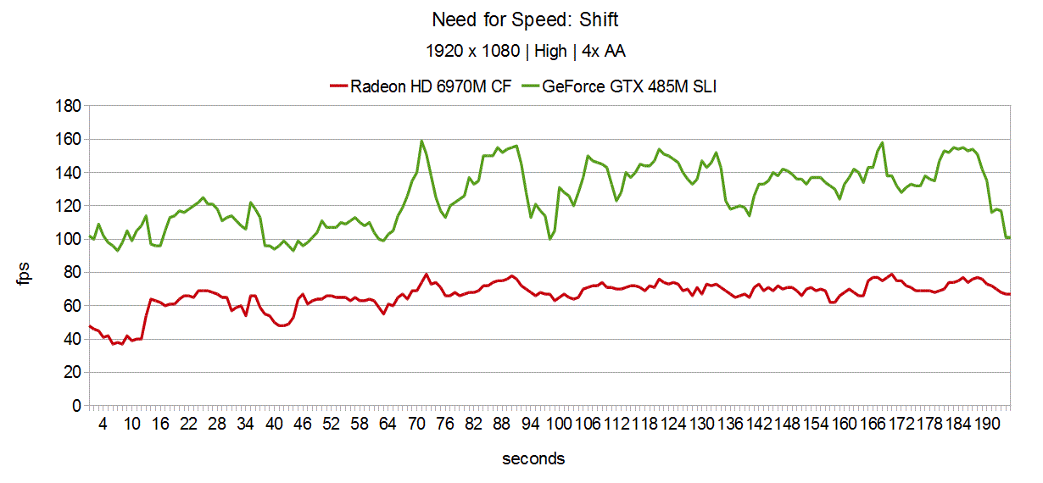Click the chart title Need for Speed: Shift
pyautogui.click(x=525, y=19)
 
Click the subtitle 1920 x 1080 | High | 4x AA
pyautogui.click(x=525, y=51)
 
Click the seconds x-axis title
pyautogui.click(x=533, y=459)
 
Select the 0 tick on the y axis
pyautogui.click(x=75, y=406)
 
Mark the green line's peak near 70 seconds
pyautogui.click(x=421, y=141)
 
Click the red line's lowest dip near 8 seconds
pyautogui.click(x=122, y=344)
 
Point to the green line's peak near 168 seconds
pyautogui.click(x=882, y=142)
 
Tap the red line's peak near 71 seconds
pyautogui.click(x=426, y=274)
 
